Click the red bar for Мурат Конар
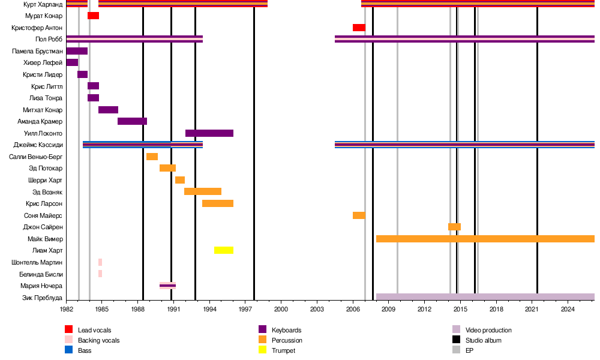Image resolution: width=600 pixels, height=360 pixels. coord(93,16)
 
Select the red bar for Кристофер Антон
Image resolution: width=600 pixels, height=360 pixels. coord(359,28)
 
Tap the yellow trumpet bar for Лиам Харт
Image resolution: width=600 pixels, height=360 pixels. coord(224,250)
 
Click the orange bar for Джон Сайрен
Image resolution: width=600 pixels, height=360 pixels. coord(454,227)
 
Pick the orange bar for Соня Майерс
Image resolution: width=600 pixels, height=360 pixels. coord(359,215)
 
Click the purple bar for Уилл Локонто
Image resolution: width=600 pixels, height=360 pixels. coord(209,133)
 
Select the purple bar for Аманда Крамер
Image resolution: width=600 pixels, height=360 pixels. coord(132,121)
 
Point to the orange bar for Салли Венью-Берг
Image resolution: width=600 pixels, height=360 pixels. coord(152,157)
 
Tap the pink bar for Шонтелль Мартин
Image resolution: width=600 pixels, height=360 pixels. coord(100,262)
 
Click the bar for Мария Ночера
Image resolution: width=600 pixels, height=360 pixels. coord(167,286)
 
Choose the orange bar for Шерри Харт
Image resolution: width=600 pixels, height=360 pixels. coord(180,180)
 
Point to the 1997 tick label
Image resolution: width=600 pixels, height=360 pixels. coord(245,309)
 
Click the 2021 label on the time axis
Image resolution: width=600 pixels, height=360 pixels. coord(532,309)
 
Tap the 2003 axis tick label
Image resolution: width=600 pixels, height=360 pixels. coord(317,309)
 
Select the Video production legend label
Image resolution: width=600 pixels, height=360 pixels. coord(488,330)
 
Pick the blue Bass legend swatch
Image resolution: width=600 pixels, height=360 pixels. coord(69,350)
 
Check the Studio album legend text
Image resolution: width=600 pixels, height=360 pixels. coord(484,340)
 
